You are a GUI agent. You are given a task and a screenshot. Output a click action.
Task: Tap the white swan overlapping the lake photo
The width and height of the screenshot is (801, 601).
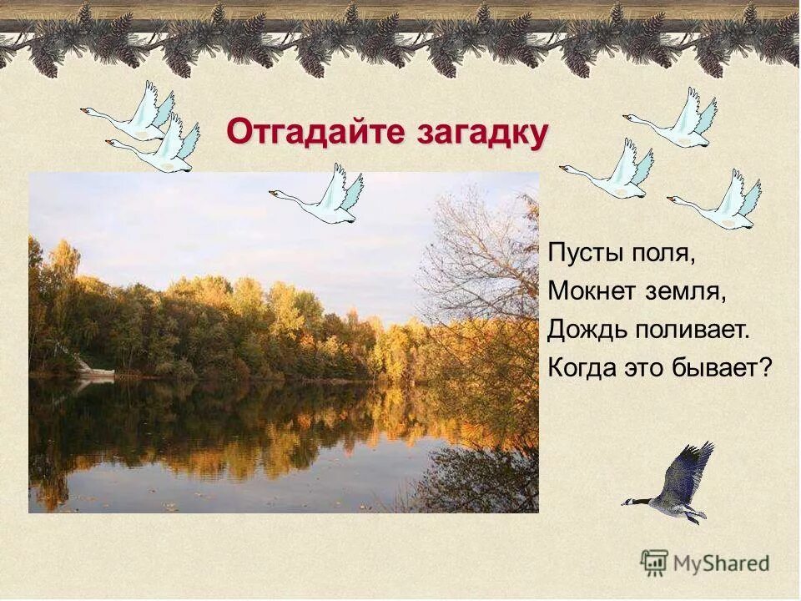click(x=321, y=195)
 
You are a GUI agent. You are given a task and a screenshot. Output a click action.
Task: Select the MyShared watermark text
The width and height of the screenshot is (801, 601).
click(x=721, y=563)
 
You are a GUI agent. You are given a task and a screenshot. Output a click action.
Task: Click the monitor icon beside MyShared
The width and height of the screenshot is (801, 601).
click(x=654, y=562)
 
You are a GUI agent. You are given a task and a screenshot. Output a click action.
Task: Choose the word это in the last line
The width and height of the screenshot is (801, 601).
click(x=646, y=367)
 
